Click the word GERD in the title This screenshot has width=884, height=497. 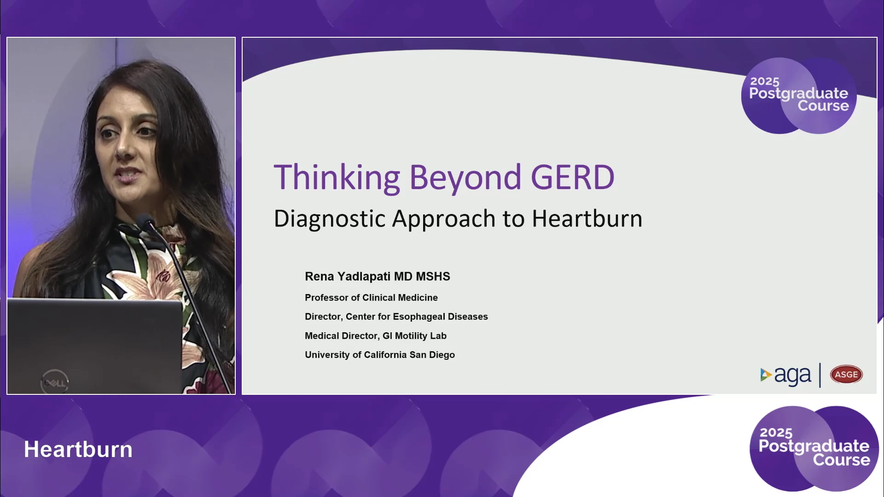pyautogui.click(x=572, y=177)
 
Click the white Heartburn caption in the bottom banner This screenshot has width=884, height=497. pyautogui.click(x=78, y=449)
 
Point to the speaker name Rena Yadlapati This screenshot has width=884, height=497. pyautogui.click(x=348, y=277)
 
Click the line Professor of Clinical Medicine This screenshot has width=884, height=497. pyautogui.click(x=371, y=298)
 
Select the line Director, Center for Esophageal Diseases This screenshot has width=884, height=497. pyautogui.click(x=396, y=317)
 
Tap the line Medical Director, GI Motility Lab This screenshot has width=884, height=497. pyautogui.click(x=376, y=336)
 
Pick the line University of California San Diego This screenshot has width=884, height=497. pyautogui.click(x=380, y=355)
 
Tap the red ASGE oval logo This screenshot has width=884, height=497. pyautogui.click(x=846, y=375)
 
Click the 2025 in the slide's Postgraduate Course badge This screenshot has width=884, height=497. pyautogui.click(x=765, y=81)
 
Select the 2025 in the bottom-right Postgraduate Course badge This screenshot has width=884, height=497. pyautogui.click(x=776, y=433)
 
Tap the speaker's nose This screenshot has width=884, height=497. pyautogui.click(x=123, y=147)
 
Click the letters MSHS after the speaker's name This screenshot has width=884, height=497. pyautogui.click(x=433, y=277)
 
